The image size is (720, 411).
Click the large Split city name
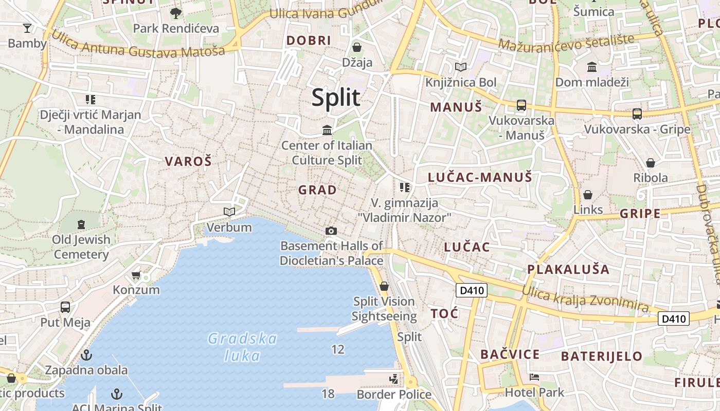pos(336,98)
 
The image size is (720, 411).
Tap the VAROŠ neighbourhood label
pos(188,161)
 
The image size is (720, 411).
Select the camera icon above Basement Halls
pos(331,231)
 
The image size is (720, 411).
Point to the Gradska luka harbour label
pos(242,347)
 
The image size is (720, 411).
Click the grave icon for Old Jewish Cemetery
pos(81,224)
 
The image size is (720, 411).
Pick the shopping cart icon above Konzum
pos(136,275)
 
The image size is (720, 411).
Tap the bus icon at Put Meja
pos(65,307)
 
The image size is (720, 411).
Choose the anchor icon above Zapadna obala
pos(86,354)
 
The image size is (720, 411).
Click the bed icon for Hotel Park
pos(534,377)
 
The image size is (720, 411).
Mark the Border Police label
pos(394,394)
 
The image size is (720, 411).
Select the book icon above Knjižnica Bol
pos(461,67)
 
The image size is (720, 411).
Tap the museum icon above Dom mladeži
pos(592,67)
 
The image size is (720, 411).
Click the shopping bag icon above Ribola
pos(651,163)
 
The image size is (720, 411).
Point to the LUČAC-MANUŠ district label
pos(480,178)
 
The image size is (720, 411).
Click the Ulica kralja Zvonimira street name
pos(585,299)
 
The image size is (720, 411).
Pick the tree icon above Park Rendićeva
pos(176,13)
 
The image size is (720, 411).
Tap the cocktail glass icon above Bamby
pos(27,28)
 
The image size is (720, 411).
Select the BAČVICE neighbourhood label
pos(510,354)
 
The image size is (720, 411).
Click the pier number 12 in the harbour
pos(338,350)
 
